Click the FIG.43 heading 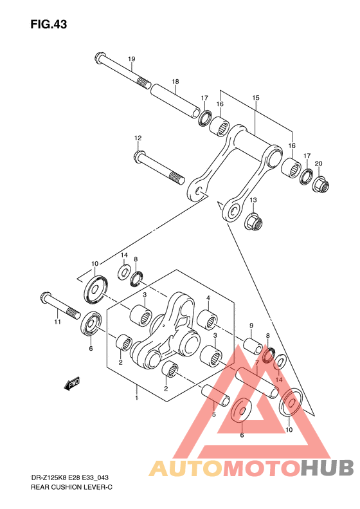49,24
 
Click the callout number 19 131,59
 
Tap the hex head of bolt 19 99,58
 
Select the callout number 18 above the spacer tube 175,82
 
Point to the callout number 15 256,98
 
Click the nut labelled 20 321,183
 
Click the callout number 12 138,138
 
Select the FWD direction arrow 71,384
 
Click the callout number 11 57,322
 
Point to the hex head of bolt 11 46,298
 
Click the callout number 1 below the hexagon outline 137,398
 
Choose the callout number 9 251,326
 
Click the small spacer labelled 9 253,346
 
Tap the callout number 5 213,414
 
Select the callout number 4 208,298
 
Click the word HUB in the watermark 327,467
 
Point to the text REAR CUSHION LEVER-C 71,487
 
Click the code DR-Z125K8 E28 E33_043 69,477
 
